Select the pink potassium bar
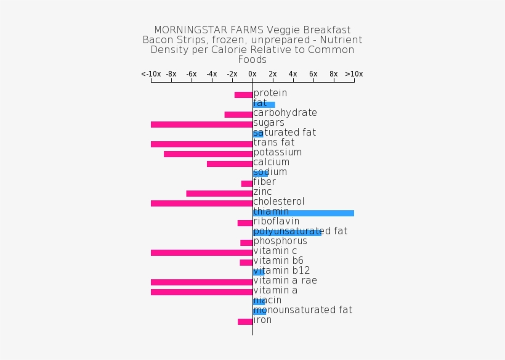click(208, 154)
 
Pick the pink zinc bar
click(219, 194)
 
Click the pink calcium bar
click(230, 164)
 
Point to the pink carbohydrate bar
click(238, 115)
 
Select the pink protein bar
click(243, 95)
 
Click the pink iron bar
click(245, 322)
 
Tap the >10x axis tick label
click(353, 74)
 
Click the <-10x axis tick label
click(151, 74)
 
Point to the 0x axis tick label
click(252, 74)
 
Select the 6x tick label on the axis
click(313, 74)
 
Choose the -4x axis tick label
click(212, 74)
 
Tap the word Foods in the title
click(252, 60)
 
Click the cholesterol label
click(279, 202)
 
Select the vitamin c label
click(275, 251)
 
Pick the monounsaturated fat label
click(303, 310)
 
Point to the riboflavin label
click(277, 221)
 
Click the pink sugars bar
click(201, 125)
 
